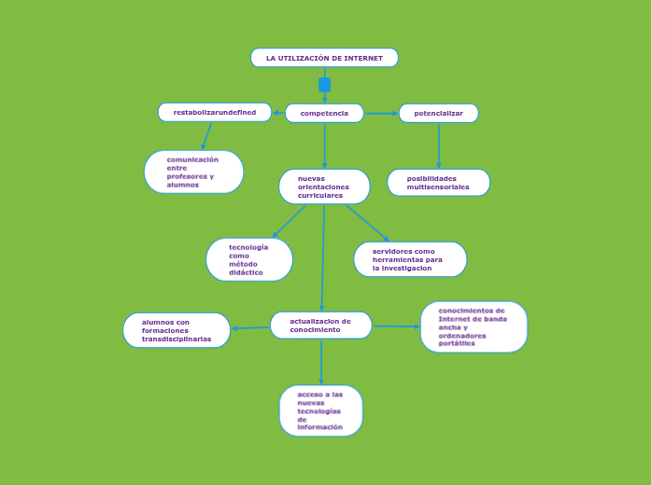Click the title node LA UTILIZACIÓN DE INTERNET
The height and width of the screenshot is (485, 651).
(x=324, y=58)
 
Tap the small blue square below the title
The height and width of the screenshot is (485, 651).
(x=324, y=85)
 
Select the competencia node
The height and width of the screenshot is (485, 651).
(x=324, y=113)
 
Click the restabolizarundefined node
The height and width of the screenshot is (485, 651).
(x=215, y=112)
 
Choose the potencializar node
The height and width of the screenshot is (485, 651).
(x=438, y=113)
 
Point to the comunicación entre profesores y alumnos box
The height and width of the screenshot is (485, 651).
(x=193, y=172)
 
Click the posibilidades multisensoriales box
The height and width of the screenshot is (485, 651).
(x=438, y=183)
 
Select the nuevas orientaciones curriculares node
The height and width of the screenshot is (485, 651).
(x=324, y=187)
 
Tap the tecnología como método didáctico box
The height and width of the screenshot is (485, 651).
(x=248, y=259)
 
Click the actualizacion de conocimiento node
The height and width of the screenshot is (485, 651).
(x=320, y=326)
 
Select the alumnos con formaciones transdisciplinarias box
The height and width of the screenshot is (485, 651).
(x=177, y=330)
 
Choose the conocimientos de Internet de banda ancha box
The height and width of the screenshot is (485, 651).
(x=474, y=326)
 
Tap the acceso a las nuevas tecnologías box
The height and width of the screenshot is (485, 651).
(x=320, y=410)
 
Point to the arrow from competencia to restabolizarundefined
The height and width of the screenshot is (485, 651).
(x=278, y=113)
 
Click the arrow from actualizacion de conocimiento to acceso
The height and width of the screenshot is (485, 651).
(x=321, y=362)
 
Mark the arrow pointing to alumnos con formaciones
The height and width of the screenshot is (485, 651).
(x=250, y=327)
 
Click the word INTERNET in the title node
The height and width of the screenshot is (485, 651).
(x=362, y=58)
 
